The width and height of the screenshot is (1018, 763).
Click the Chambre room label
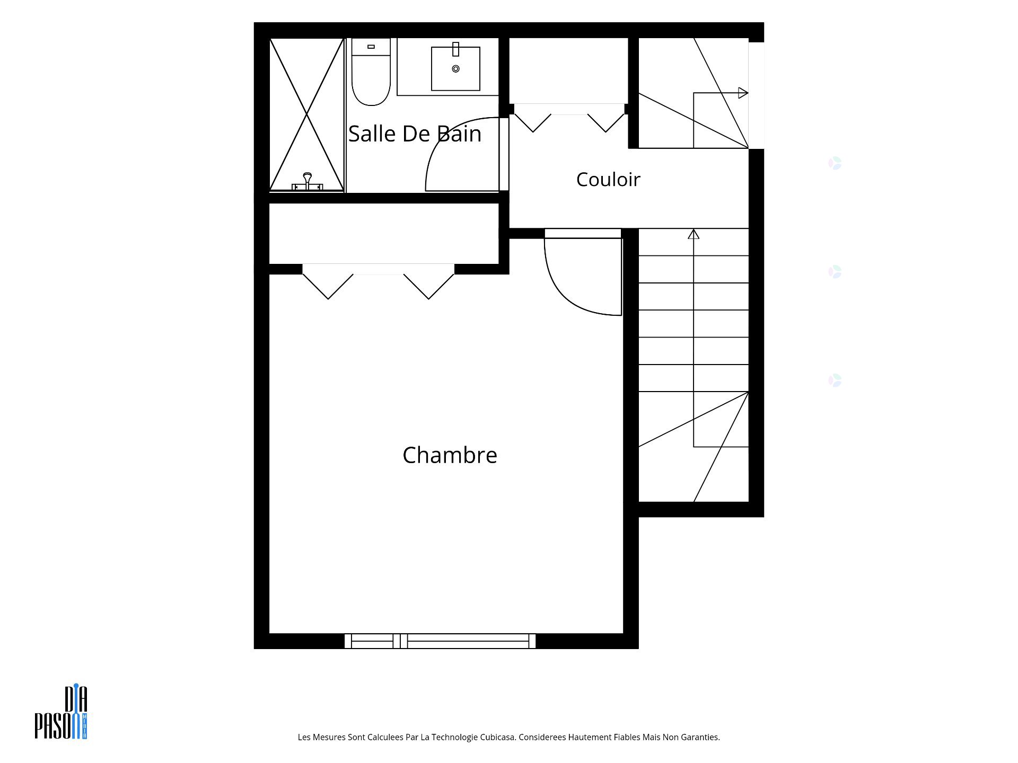(450, 455)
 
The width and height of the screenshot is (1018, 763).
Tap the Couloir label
(608, 180)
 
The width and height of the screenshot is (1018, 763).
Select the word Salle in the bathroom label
(373, 134)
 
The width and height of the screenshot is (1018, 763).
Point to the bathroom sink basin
(455, 69)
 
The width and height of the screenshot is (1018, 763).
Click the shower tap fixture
(307, 181)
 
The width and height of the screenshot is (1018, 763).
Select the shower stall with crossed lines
(307, 114)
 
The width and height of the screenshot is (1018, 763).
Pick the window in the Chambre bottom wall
(440, 641)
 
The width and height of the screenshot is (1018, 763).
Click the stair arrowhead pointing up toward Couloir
(694, 234)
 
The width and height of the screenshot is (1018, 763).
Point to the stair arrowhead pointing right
(743, 93)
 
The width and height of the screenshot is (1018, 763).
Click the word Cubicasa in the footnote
(497, 737)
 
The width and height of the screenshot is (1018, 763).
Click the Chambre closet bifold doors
(379, 281)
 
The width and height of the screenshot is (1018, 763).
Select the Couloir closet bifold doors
(569, 118)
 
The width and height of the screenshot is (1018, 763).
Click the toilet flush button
(371, 47)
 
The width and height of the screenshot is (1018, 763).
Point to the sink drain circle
(455, 69)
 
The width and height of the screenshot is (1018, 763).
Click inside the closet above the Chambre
(384, 233)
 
